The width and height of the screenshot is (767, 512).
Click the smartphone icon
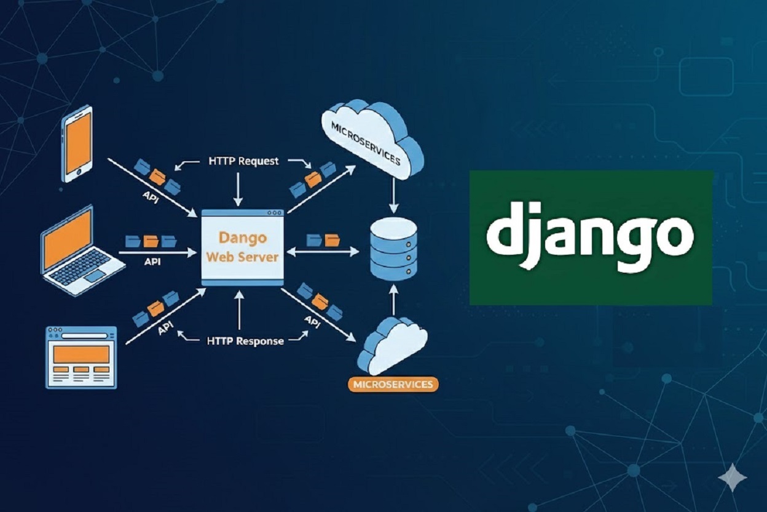coord(77,143)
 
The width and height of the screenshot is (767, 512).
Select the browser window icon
coord(81,357)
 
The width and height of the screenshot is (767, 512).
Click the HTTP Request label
coord(243,161)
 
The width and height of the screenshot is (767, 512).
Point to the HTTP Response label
coord(245,340)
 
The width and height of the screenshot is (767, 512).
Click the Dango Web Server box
coord(242,247)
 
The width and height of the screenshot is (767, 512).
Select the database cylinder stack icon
coord(393,249)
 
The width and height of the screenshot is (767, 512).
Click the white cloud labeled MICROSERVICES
coord(369,138)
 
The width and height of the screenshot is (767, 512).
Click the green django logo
coord(591,238)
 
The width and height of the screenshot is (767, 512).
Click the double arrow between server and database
coord(323,251)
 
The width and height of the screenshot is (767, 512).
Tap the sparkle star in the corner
coord(732,478)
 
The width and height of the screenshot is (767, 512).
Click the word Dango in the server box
coord(242,237)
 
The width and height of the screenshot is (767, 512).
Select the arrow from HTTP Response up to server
coord(239,311)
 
